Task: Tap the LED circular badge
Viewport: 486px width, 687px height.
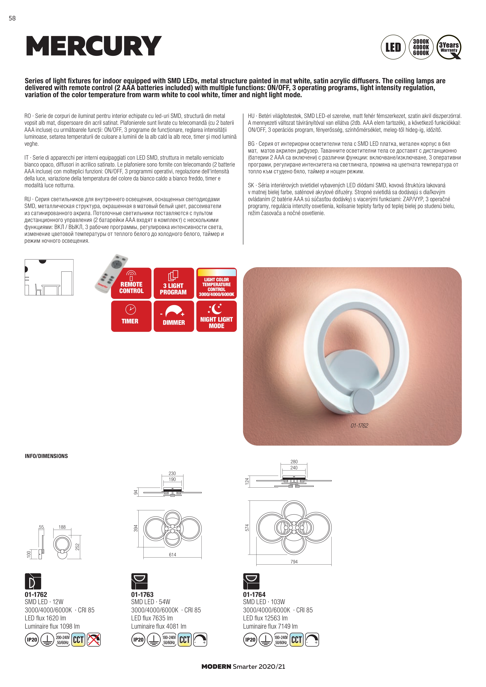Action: point(393,47)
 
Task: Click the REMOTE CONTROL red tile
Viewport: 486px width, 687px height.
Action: point(131,283)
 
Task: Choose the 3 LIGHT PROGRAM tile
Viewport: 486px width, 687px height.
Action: point(174,283)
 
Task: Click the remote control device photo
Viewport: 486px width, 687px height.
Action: point(111,273)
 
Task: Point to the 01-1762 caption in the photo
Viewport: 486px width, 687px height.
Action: point(359,425)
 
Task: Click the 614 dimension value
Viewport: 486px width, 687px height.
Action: point(172,555)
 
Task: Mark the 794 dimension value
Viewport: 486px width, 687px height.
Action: point(294,562)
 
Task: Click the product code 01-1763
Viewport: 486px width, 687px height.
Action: point(142,595)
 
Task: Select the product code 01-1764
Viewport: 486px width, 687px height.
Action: point(254,595)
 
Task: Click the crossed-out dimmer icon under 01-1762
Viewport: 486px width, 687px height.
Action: point(94,640)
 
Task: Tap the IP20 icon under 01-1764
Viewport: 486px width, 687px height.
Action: point(250,640)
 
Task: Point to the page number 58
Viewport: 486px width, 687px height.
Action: point(12,18)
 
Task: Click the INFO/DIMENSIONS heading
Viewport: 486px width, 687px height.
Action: point(46,456)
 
